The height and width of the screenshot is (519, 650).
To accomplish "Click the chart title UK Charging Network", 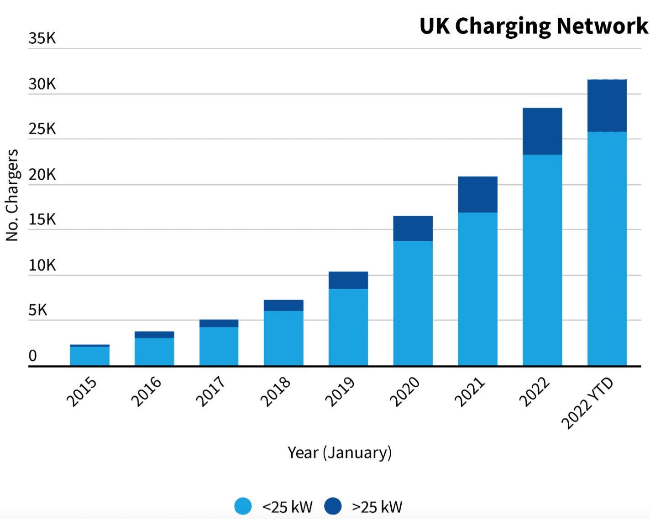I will coord(533,26).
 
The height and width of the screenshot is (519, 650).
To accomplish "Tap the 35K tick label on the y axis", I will coord(42,38).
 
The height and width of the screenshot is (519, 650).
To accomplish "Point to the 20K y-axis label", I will coord(42,175).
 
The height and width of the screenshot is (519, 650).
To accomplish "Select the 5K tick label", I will coord(38,311).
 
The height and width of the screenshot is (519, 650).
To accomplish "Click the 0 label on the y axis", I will coord(33,356).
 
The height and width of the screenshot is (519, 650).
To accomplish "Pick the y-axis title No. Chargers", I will coord(12,195).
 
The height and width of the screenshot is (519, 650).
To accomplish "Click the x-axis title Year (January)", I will coord(340,452).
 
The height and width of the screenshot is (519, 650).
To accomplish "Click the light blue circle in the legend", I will coord(243,506).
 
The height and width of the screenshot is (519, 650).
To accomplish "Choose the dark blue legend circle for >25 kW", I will coord(333,506).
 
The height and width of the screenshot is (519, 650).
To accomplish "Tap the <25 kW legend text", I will coord(288,507).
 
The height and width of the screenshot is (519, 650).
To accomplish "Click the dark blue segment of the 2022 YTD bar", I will coord(607,106).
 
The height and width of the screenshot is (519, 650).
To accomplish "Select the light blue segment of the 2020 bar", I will coord(413,303).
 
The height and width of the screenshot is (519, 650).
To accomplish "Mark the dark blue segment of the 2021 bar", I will coord(477,194).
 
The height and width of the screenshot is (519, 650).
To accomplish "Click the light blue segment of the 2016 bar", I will coord(154,352).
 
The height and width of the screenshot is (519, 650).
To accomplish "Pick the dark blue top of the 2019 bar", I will coord(348,280).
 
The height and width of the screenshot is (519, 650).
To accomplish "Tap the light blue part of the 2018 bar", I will coord(283,338).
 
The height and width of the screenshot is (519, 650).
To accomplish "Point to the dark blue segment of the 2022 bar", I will coord(542,131).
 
